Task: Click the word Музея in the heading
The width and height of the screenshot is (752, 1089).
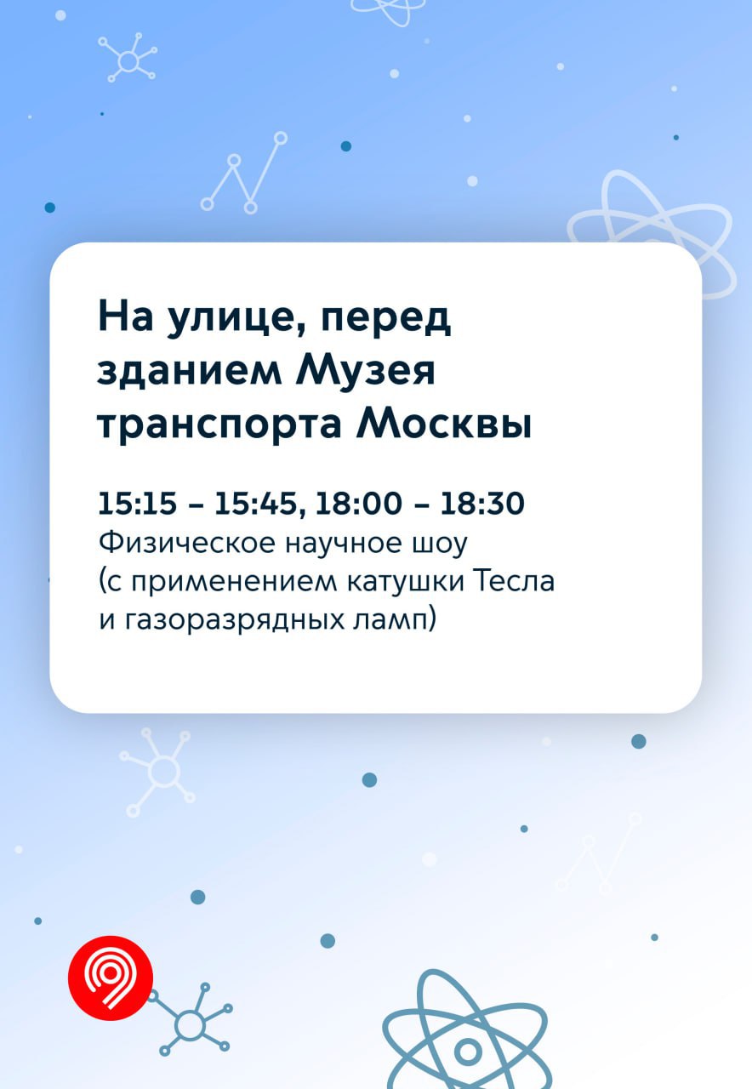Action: [x=365, y=371]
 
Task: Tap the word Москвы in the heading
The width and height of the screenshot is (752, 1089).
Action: [x=444, y=425]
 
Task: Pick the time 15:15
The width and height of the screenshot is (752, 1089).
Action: [x=138, y=503]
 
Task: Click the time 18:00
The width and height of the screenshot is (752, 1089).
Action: [x=359, y=503]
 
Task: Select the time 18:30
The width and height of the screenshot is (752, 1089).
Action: [x=482, y=503]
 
